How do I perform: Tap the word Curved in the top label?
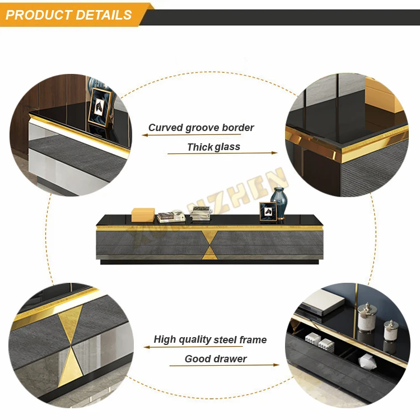click(165, 128)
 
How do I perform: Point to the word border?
click(238, 128)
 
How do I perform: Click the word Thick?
click(200, 147)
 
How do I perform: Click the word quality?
click(194, 340)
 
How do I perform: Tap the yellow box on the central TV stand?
click(143, 214)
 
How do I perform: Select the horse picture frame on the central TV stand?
click(268, 212)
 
